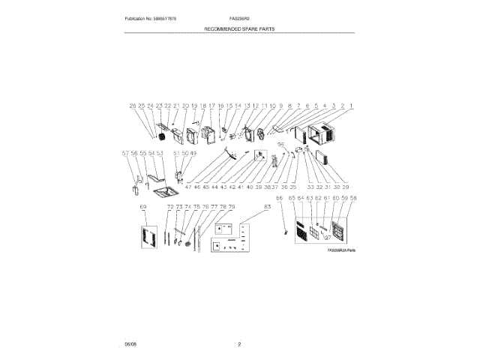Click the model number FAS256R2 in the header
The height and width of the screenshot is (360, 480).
click(x=239, y=18)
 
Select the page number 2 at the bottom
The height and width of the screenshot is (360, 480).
click(x=239, y=344)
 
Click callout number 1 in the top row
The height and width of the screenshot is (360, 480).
click(x=350, y=106)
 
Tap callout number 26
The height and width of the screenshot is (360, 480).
click(x=133, y=106)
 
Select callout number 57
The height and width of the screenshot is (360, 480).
click(x=125, y=154)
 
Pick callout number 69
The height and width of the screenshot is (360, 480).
click(x=142, y=205)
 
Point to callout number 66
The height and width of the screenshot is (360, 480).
click(x=279, y=198)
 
